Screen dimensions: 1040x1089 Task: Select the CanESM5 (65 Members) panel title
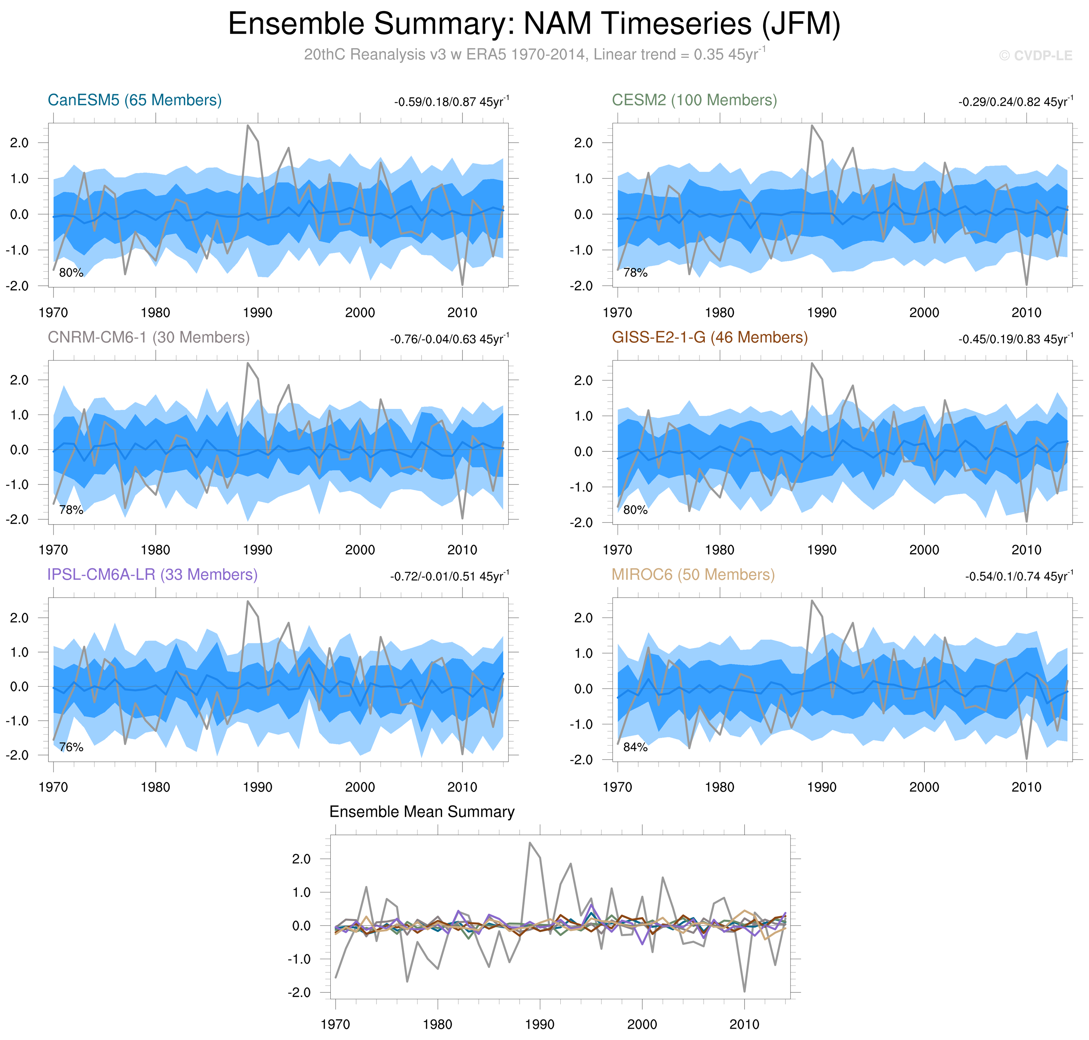tap(135, 100)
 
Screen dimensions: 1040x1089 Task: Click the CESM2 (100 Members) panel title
tap(694, 100)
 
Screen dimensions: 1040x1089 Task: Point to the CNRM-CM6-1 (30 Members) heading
tap(149, 338)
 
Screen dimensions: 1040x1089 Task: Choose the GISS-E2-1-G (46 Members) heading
tap(710, 338)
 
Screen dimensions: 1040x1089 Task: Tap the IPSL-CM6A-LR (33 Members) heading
tap(152, 575)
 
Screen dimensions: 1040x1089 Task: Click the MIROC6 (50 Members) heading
tap(693, 575)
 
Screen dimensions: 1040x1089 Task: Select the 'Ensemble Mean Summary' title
tap(422, 812)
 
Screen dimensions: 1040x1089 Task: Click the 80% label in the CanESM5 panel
tap(71, 273)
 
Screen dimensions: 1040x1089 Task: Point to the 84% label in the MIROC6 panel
tap(635, 747)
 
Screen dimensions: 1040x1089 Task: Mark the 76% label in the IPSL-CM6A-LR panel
tap(71, 747)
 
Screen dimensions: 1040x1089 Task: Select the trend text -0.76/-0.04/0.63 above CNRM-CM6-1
tap(449, 339)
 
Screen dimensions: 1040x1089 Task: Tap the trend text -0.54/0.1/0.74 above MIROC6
tap(1018, 577)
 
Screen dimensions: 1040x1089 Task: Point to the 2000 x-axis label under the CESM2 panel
tap(924, 313)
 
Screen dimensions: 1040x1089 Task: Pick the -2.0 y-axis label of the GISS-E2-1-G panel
tap(581, 523)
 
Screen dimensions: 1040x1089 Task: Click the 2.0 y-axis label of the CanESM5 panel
tap(19, 143)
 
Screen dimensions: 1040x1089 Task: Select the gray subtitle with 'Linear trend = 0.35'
tap(535, 55)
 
